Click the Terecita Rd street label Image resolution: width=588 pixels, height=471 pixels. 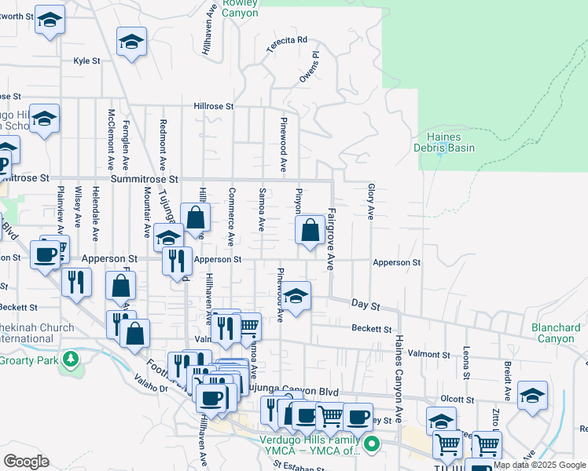[286, 44]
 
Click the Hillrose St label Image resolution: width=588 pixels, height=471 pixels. [214, 105]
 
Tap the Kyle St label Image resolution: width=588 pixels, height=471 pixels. [86, 60]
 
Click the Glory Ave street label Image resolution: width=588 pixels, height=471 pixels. [369, 202]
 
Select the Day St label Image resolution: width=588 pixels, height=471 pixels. [366, 303]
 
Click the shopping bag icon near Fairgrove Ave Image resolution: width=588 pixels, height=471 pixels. [311, 230]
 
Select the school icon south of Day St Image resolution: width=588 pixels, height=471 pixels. [296, 297]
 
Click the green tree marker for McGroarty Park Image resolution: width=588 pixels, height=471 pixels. [72, 360]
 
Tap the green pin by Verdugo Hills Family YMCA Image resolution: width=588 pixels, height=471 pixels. [373, 444]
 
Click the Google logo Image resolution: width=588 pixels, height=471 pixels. [26, 462]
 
